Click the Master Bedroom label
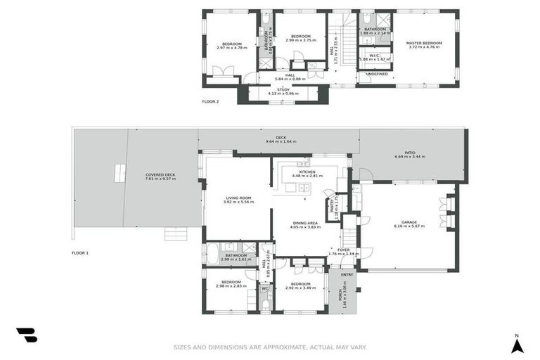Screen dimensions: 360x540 pyautogui.click(x=423, y=43)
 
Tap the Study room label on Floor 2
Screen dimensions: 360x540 pyautogui.click(x=283, y=90)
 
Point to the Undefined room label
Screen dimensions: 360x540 pyautogui.click(x=376, y=74)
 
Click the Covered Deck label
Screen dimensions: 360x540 pyautogui.click(x=160, y=174)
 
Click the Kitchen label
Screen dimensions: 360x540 pyautogui.click(x=307, y=172)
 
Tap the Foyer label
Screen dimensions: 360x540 pyautogui.click(x=343, y=250)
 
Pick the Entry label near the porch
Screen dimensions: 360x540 pyautogui.click(x=347, y=274)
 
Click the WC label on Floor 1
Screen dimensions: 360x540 pyautogui.click(x=265, y=288)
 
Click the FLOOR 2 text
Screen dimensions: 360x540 pyautogui.click(x=210, y=102)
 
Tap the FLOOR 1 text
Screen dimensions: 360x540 pyautogui.click(x=80, y=252)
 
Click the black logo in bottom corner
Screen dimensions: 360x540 pyautogui.click(x=27, y=335)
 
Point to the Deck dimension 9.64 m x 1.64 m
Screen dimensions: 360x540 pyautogui.click(x=281, y=142)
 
